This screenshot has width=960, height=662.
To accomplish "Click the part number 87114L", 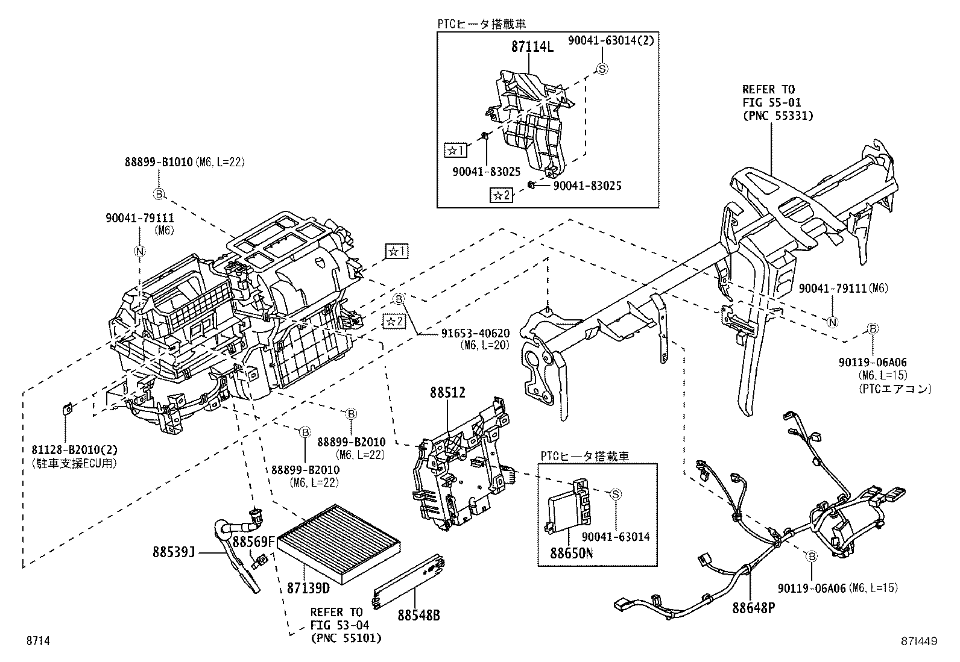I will (532, 46).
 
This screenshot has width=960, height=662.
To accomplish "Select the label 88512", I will (447, 393).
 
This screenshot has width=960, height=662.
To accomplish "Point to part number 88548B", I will (418, 615).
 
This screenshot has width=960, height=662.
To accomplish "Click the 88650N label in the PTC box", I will (570, 552).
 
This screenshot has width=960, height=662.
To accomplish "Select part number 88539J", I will (175, 551).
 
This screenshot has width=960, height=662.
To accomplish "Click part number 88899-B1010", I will (158, 162).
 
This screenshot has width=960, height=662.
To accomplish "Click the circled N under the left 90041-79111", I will (139, 252).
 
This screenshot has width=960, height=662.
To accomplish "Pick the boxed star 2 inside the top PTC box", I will (501, 195).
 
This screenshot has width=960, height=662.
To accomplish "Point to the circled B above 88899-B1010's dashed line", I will (158, 194).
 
